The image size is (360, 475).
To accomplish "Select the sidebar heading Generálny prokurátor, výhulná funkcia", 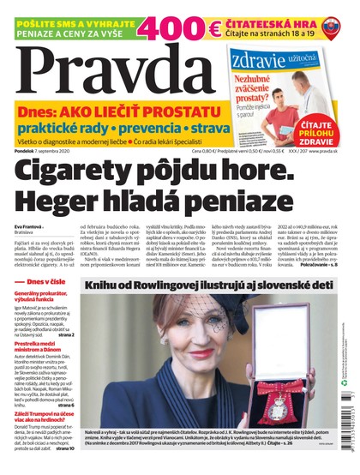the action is (48, 297).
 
